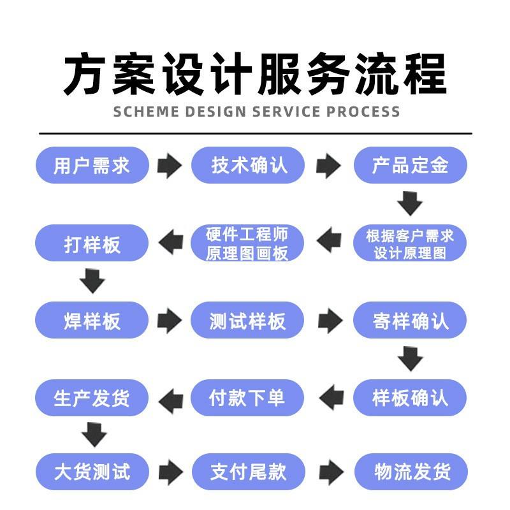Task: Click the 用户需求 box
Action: point(92,165)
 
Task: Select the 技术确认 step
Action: point(248,165)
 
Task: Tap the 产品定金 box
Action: point(410,165)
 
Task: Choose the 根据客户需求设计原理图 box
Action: point(410,243)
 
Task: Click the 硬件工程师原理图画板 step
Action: point(247,243)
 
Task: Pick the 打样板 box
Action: point(92,243)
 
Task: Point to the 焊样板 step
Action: point(92,320)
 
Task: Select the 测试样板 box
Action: point(247,320)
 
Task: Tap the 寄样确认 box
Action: point(410,320)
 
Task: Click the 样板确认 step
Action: point(410,398)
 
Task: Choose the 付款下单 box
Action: point(247,398)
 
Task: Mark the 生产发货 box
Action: point(92,398)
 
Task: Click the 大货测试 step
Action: point(92,472)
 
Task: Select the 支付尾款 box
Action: point(249,472)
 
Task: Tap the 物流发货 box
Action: point(411,472)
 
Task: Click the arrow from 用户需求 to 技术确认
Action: point(170,166)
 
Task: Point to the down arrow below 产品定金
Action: point(410,203)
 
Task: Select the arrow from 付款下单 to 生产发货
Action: point(171,401)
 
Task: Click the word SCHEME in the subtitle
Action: point(147,112)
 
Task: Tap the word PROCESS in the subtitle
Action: point(363,112)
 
